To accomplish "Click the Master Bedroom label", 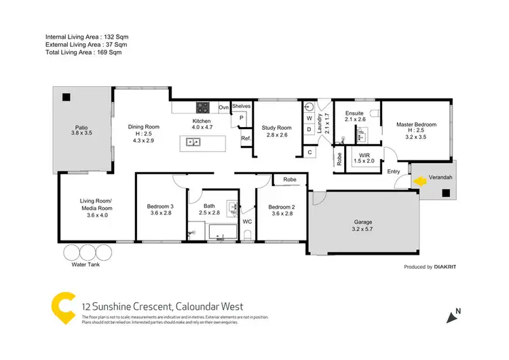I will (416, 124).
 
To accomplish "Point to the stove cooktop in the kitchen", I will (202, 107).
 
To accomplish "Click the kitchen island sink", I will (192, 142).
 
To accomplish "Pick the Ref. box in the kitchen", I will (245, 139).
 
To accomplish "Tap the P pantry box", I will (240, 118).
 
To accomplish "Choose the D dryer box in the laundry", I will (309, 128).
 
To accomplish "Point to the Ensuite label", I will (354, 113).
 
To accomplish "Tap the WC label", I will (246, 221).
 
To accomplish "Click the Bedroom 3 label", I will (161, 206).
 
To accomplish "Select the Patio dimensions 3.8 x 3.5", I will (80, 134).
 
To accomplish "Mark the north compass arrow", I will (449, 316).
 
